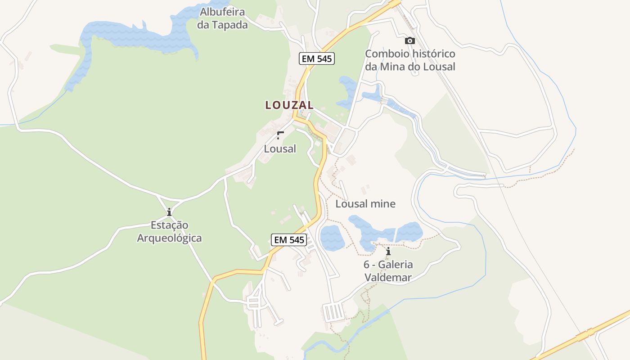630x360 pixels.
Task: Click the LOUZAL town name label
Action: pos(289,105)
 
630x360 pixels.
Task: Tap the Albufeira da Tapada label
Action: pos(222,18)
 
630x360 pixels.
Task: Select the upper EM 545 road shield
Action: pos(317,58)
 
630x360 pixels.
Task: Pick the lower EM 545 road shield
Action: pos(289,240)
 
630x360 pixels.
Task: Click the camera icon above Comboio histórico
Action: pos(409,41)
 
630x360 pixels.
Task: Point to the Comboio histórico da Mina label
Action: pos(410,60)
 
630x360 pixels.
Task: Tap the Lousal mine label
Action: pos(365,204)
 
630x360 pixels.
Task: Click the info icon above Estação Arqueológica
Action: pos(169,212)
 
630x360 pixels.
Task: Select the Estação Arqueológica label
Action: pos(169,232)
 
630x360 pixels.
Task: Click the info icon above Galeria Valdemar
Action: pos(388,252)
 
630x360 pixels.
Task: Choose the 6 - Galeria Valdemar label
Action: pos(388,271)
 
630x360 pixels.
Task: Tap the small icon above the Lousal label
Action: pos(280,135)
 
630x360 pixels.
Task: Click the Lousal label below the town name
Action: pos(280,149)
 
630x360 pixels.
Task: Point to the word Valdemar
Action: pos(388,278)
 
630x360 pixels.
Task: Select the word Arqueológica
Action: pos(169,238)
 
